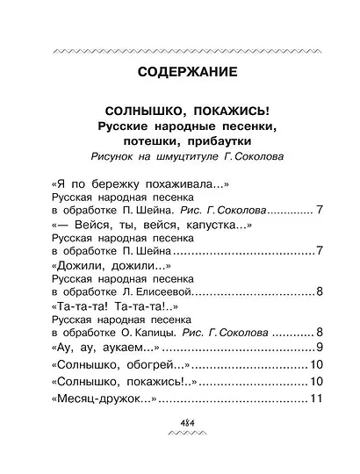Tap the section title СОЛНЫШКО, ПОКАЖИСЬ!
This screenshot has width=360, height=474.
180,113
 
